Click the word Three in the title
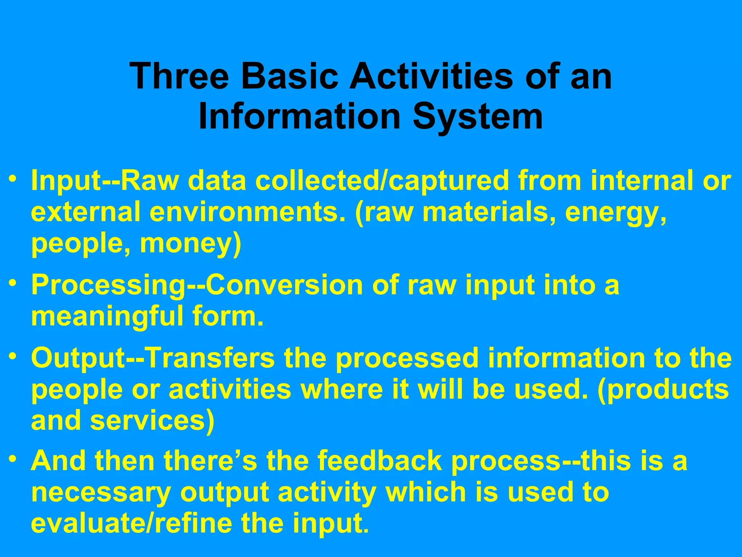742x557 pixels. (x=180, y=76)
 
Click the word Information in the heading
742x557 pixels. (x=299, y=117)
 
